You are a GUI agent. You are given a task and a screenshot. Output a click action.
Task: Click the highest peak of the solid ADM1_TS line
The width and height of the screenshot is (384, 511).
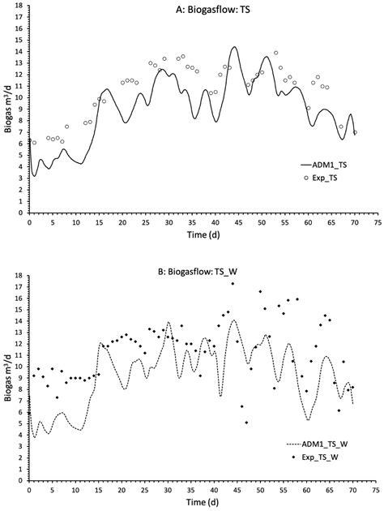point(234,47)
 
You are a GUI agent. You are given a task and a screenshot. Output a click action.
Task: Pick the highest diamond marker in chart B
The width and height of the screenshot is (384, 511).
point(233,284)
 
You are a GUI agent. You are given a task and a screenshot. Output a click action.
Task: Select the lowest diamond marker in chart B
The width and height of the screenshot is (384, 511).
point(246,423)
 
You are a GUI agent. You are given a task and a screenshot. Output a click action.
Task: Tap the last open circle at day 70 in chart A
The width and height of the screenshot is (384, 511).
point(355,132)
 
